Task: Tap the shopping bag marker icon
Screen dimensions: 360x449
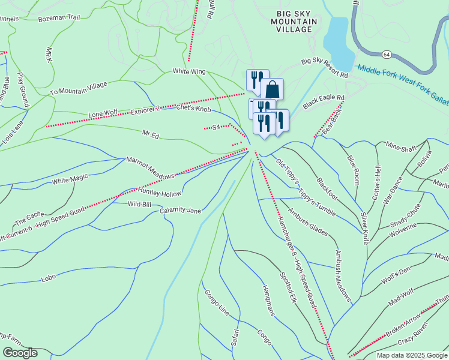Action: pyautogui.click(x=272, y=88)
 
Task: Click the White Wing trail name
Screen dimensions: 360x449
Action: pyautogui.click(x=189, y=72)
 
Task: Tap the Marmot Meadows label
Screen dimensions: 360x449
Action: pyautogui.click(x=149, y=167)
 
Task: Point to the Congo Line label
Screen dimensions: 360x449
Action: pyautogui.click(x=217, y=304)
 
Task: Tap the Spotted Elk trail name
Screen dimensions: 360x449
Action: pyautogui.click(x=288, y=287)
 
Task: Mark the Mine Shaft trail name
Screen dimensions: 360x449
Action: pyautogui.click(x=401, y=145)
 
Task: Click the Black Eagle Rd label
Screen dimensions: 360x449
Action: pyautogui.click(x=324, y=101)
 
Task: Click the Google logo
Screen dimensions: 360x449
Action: pyautogui.click(x=20, y=353)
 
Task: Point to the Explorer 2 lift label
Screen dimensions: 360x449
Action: pyautogui.click(x=145, y=110)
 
